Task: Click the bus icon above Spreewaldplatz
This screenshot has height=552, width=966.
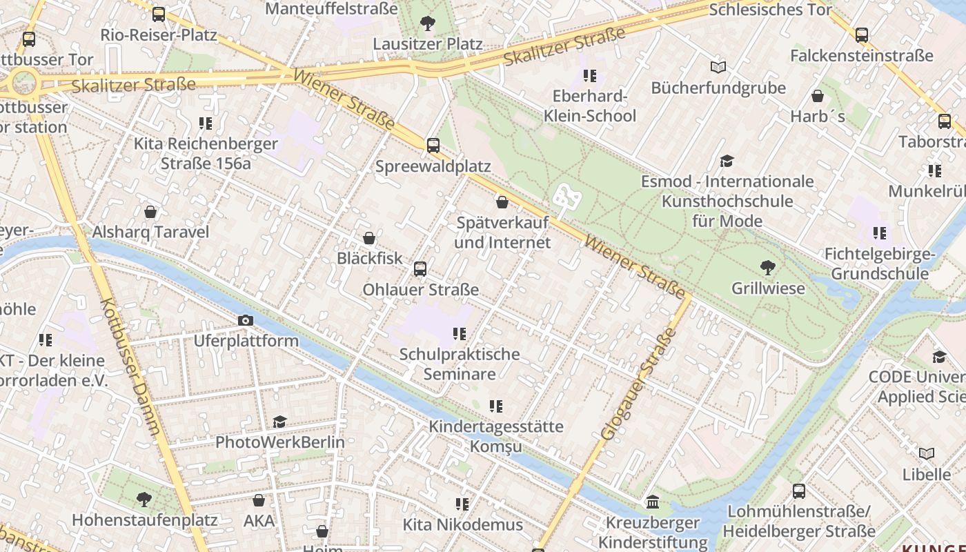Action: click(433, 146)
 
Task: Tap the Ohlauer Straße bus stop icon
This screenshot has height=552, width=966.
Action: click(420, 269)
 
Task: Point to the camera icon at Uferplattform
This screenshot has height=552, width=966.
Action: click(245, 320)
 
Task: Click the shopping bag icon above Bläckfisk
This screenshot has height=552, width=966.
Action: click(369, 238)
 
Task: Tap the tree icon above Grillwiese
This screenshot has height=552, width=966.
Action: click(767, 267)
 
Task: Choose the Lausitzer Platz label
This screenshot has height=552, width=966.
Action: click(428, 44)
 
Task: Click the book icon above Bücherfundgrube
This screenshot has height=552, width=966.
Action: click(718, 68)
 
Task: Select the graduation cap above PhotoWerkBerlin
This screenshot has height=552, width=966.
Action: click(279, 422)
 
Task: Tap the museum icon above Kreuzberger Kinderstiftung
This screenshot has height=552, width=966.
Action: click(653, 502)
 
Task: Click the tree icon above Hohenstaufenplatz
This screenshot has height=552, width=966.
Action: click(144, 499)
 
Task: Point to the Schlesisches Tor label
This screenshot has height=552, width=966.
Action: click(770, 10)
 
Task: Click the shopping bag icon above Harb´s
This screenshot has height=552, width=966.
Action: click(818, 96)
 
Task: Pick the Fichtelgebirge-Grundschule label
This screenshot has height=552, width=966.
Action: click(879, 264)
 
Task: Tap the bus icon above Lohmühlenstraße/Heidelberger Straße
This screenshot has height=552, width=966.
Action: click(798, 491)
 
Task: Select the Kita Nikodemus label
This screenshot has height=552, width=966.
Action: click(463, 525)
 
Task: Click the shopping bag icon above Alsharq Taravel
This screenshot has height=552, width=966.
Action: click(150, 212)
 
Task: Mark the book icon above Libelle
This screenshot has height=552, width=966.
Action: click(927, 453)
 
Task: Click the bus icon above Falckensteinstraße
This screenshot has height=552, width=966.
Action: click(861, 35)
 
